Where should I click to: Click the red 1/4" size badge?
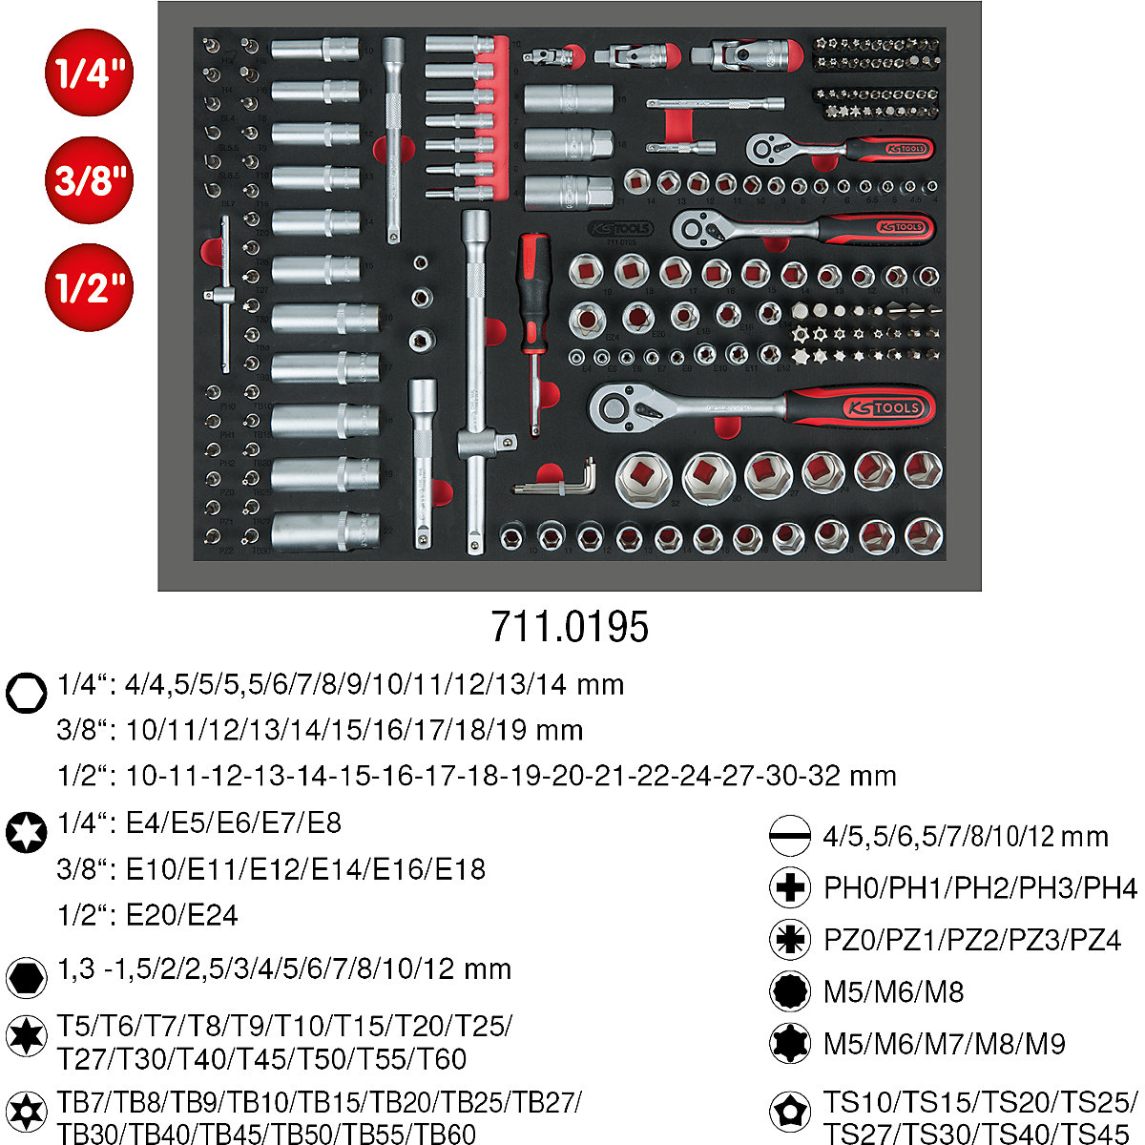[89, 73]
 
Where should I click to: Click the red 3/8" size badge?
[89, 180]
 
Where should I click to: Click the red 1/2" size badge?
[89, 287]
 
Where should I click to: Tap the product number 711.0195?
[570, 627]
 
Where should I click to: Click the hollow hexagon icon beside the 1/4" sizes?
[26, 692]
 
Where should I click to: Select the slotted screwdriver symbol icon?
[789, 837]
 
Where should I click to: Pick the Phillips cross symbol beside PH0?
[789, 888]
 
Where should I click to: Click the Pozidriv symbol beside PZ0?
[789, 940]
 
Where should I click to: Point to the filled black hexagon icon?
[26, 977]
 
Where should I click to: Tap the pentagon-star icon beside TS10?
[789, 1111]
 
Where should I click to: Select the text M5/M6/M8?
[893, 991]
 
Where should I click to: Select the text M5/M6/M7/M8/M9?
[944, 1043]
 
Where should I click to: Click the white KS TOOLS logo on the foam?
[620, 228]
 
